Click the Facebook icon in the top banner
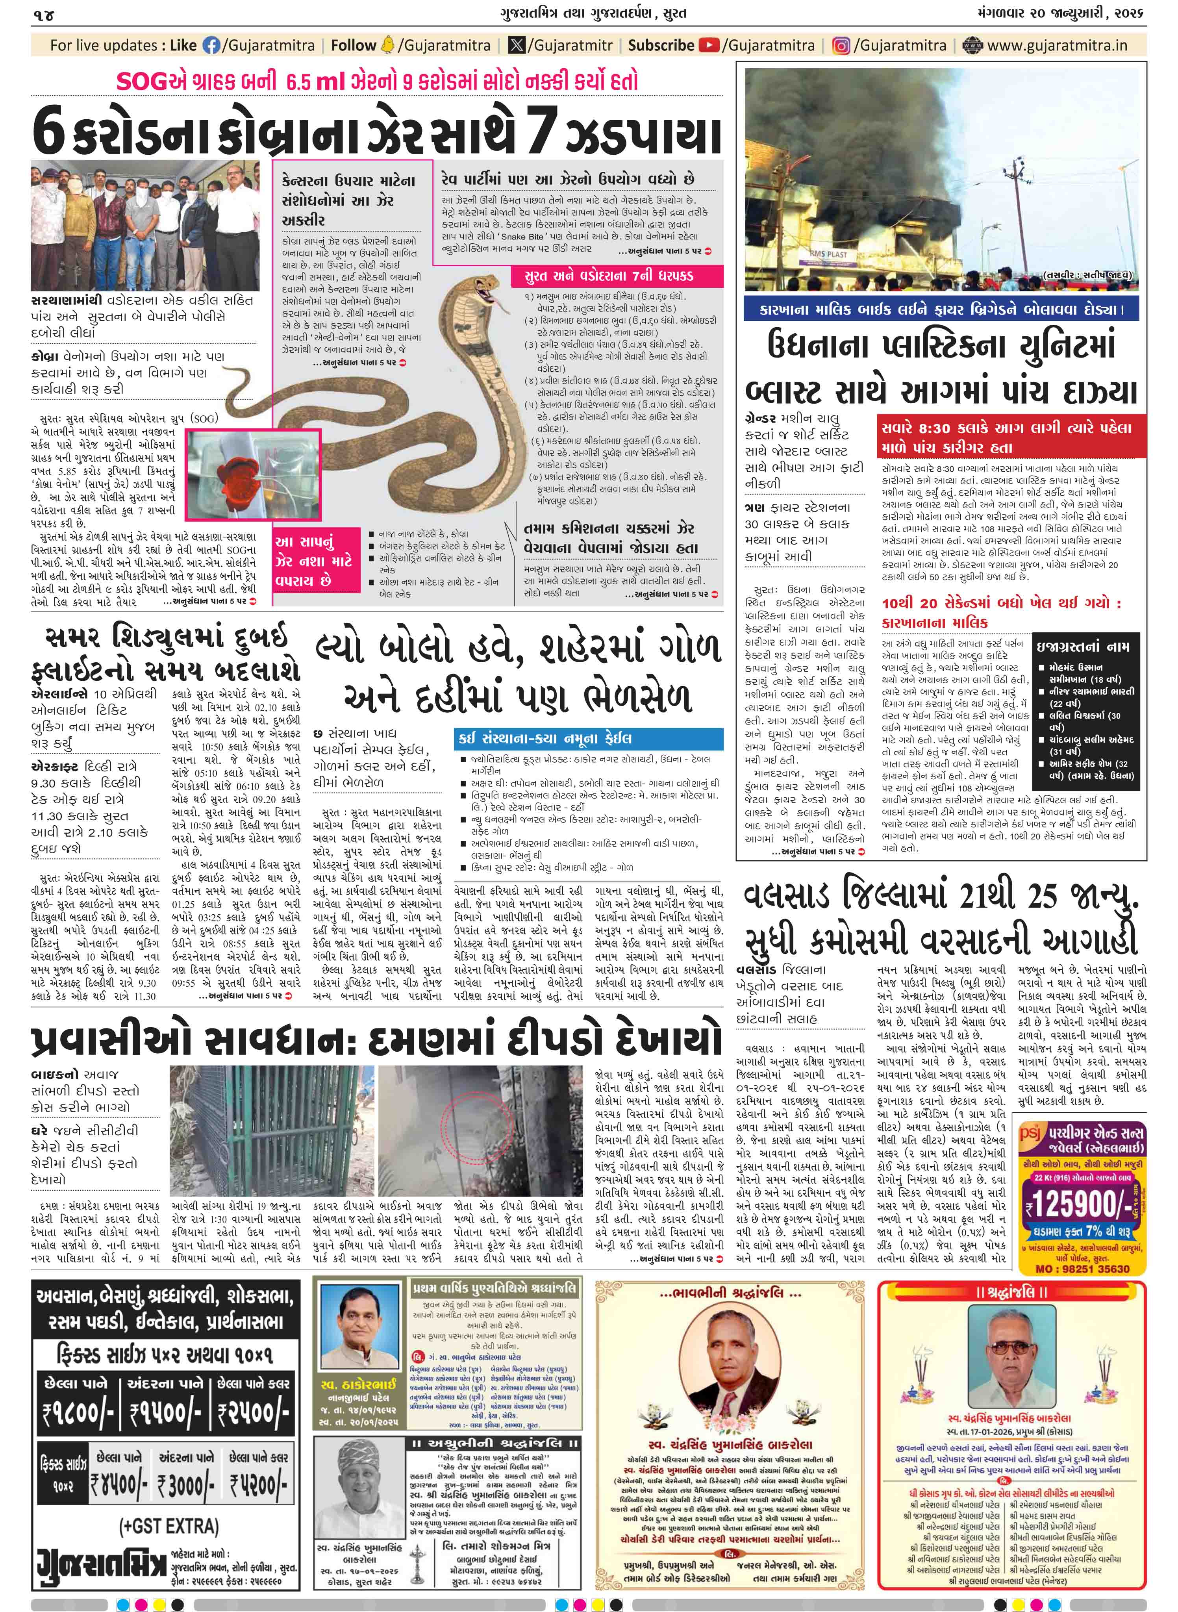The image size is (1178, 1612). [x=212, y=46]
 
